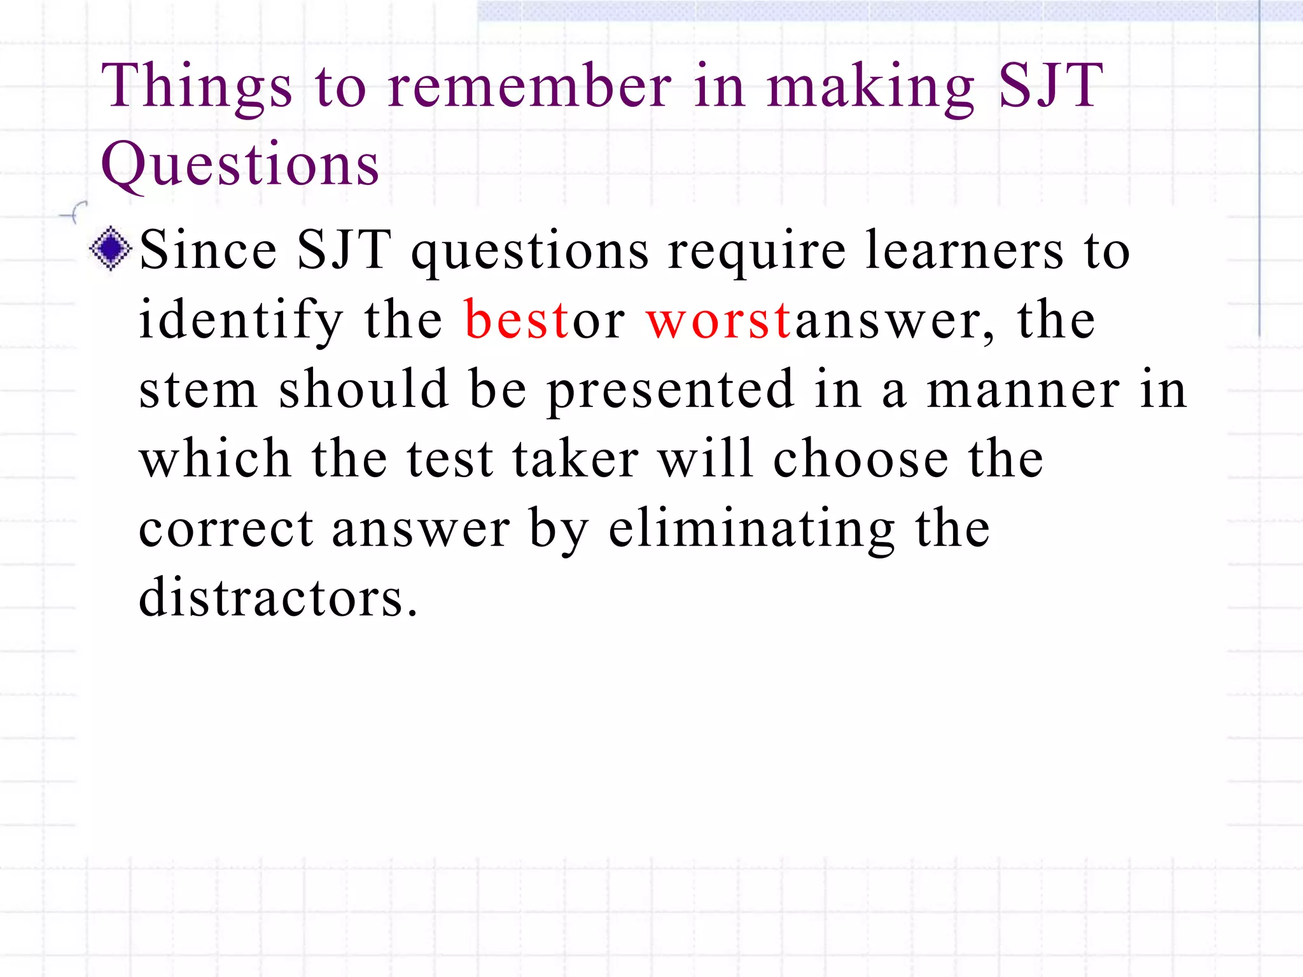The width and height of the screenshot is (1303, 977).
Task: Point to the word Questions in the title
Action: pyautogui.click(x=240, y=164)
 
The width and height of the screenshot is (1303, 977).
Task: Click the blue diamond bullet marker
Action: pyautogui.click(x=111, y=249)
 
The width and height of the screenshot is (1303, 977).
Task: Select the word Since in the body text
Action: pyautogui.click(x=208, y=250)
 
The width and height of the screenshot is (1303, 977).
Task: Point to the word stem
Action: pyautogui.click(x=198, y=389)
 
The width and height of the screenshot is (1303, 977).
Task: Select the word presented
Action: pyautogui.click(x=671, y=389)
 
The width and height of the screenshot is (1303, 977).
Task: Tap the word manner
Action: pyautogui.click(x=1022, y=391)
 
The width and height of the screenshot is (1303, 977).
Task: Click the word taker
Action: pyautogui.click(x=575, y=459)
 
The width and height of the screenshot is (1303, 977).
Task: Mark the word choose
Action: pyautogui.click(x=861, y=459)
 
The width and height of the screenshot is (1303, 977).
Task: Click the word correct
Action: pyautogui.click(x=226, y=529)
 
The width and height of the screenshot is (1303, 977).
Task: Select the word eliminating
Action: pyautogui.click(x=751, y=529)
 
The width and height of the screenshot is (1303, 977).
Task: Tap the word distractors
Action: pyautogui.click(x=278, y=597)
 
